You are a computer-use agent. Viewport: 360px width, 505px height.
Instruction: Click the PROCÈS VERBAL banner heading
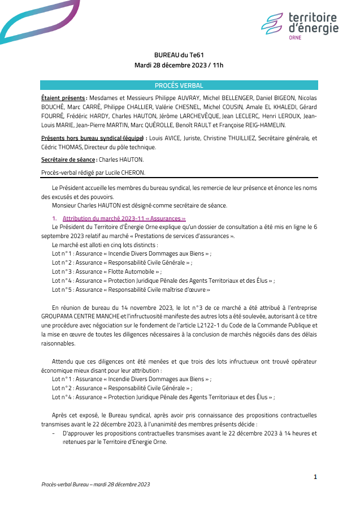pyautogui.click(x=179, y=85)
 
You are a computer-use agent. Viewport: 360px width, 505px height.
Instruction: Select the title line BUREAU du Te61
pyautogui.click(x=179, y=55)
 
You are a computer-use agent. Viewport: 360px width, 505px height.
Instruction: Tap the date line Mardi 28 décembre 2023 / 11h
pyautogui.click(x=179, y=65)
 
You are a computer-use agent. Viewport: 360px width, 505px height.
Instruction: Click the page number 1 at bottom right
pyautogui.click(x=315, y=477)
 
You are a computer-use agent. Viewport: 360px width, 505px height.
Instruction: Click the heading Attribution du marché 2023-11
pyautogui.click(x=124, y=218)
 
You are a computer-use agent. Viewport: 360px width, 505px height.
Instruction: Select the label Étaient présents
pyautogui.click(x=63, y=98)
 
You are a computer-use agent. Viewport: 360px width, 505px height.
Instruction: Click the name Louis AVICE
pyautogui.click(x=164, y=137)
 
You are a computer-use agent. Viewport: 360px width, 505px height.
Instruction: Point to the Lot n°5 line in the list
pyautogui.click(x=131, y=290)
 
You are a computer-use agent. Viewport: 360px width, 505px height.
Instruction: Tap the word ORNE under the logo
pyautogui.click(x=295, y=37)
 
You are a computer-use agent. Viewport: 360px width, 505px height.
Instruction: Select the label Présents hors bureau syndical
pyautogui.click(x=93, y=137)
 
